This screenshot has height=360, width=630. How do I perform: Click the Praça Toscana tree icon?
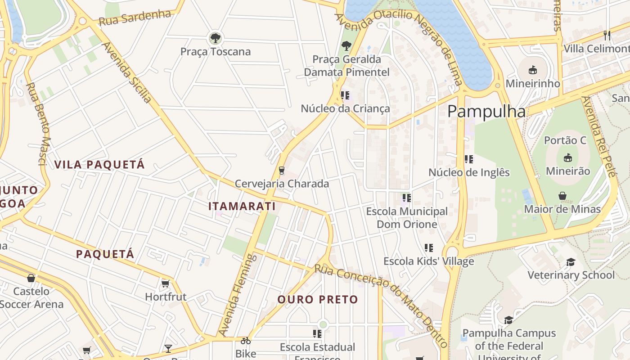pyautogui.click(x=216, y=37)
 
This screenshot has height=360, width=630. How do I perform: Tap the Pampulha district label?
pyautogui.click(x=486, y=111)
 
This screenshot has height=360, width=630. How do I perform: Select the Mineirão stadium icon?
pyautogui.click(x=567, y=157)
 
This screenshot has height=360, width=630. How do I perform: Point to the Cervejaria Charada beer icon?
pyautogui.click(x=282, y=170)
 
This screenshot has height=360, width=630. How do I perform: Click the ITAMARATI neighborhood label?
pyautogui.click(x=242, y=206)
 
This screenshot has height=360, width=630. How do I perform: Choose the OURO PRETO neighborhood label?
pyautogui.click(x=318, y=299)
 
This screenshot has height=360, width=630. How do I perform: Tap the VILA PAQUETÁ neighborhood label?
pyautogui.click(x=99, y=164)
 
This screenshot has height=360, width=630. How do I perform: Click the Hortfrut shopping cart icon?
pyautogui.click(x=165, y=283)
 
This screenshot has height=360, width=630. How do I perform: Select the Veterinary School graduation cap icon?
pyautogui.click(x=571, y=262)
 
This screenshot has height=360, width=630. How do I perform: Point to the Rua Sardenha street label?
pyautogui.click(x=135, y=18)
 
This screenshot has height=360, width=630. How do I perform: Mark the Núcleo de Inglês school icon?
pyautogui.click(x=468, y=159)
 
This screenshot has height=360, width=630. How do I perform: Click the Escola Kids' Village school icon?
pyautogui.click(x=428, y=248)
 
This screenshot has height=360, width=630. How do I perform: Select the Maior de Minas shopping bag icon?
pyautogui.click(x=562, y=196)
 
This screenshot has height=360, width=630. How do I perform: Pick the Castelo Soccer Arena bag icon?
pyautogui.click(x=31, y=278)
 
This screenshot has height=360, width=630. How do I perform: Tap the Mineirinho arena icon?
pyautogui.click(x=533, y=70)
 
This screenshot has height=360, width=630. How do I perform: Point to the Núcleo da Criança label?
pyautogui.click(x=345, y=108)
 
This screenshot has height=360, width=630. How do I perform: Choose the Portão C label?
pyautogui.click(x=565, y=140)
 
